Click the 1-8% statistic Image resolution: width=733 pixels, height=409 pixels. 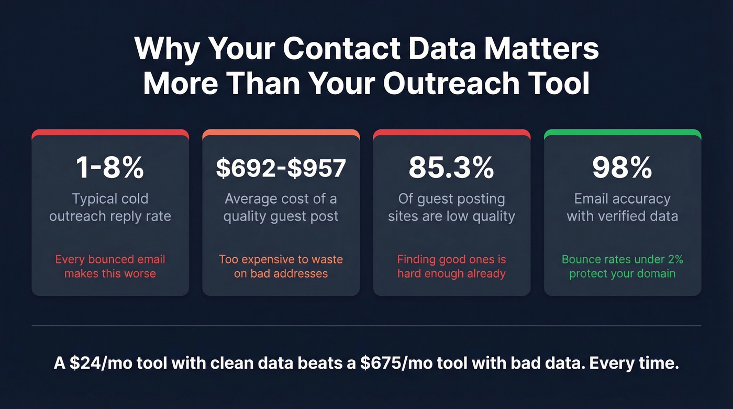coord(110,168)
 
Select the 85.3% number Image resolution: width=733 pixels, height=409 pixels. coord(451,168)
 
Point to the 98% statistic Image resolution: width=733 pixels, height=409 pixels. coord(622,168)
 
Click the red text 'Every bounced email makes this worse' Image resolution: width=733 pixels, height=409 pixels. coord(110,266)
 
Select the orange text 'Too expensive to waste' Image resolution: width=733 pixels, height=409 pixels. coord(281,259)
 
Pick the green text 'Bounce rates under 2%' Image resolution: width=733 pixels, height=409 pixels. coord(622,259)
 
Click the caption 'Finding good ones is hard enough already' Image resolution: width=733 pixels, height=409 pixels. coord(451,266)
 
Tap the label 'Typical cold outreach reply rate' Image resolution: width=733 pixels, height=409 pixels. coord(110,207)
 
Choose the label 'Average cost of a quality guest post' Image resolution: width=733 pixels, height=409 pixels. coord(281,207)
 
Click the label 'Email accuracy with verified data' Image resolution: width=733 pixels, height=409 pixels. coord(622,207)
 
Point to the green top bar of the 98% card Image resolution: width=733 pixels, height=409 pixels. coord(622,133)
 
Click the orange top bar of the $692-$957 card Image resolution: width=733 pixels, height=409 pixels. coord(281,133)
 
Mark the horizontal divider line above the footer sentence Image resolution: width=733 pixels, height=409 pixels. coord(366,326)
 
